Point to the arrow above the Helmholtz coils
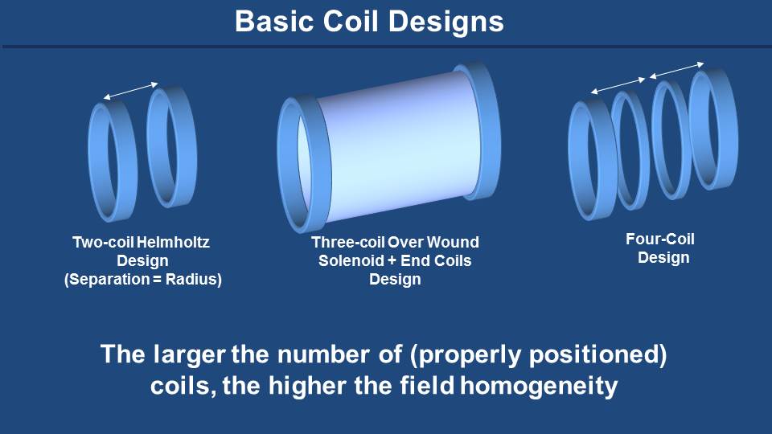(x=131, y=91)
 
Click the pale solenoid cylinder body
(x=394, y=148)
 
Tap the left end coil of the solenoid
(x=285, y=165)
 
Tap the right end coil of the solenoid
(x=494, y=130)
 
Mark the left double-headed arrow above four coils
(x=618, y=85)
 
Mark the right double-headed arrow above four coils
(x=677, y=71)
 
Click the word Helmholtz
(x=173, y=242)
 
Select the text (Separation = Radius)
(x=143, y=279)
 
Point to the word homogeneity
(x=539, y=386)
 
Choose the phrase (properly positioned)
(x=538, y=355)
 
